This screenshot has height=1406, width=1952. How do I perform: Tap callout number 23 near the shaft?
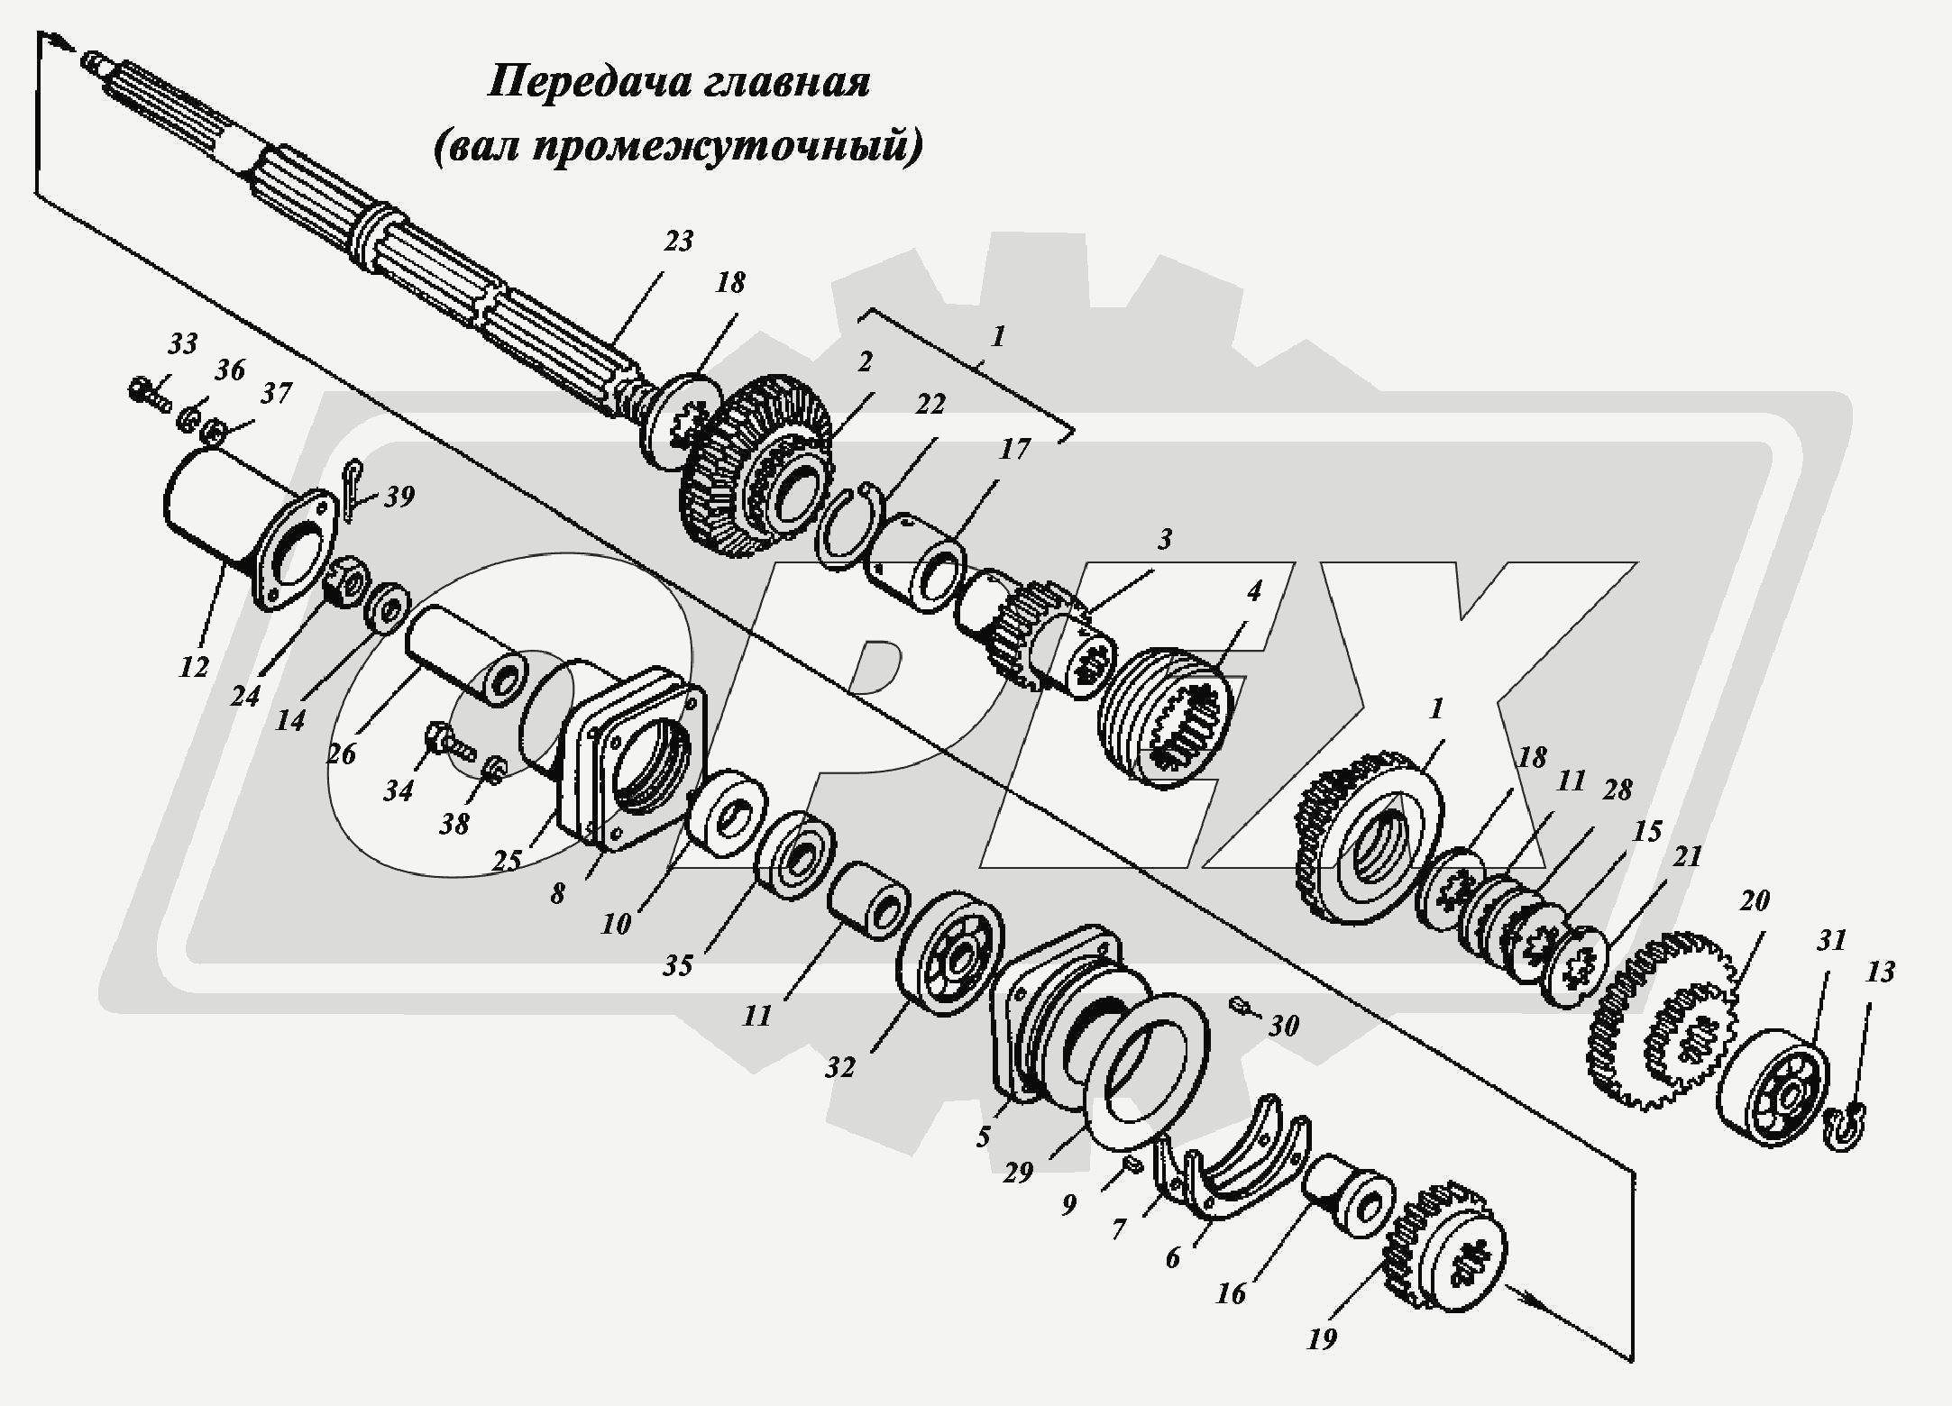click(x=678, y=241)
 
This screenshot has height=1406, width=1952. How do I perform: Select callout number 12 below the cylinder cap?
click(x=194, y=667)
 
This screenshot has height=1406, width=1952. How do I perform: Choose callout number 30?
click(x=1284, y=1025)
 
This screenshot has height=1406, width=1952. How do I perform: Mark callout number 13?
click(x=1880, y=972)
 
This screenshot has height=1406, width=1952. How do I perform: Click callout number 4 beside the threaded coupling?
click(x=1253, y=590)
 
